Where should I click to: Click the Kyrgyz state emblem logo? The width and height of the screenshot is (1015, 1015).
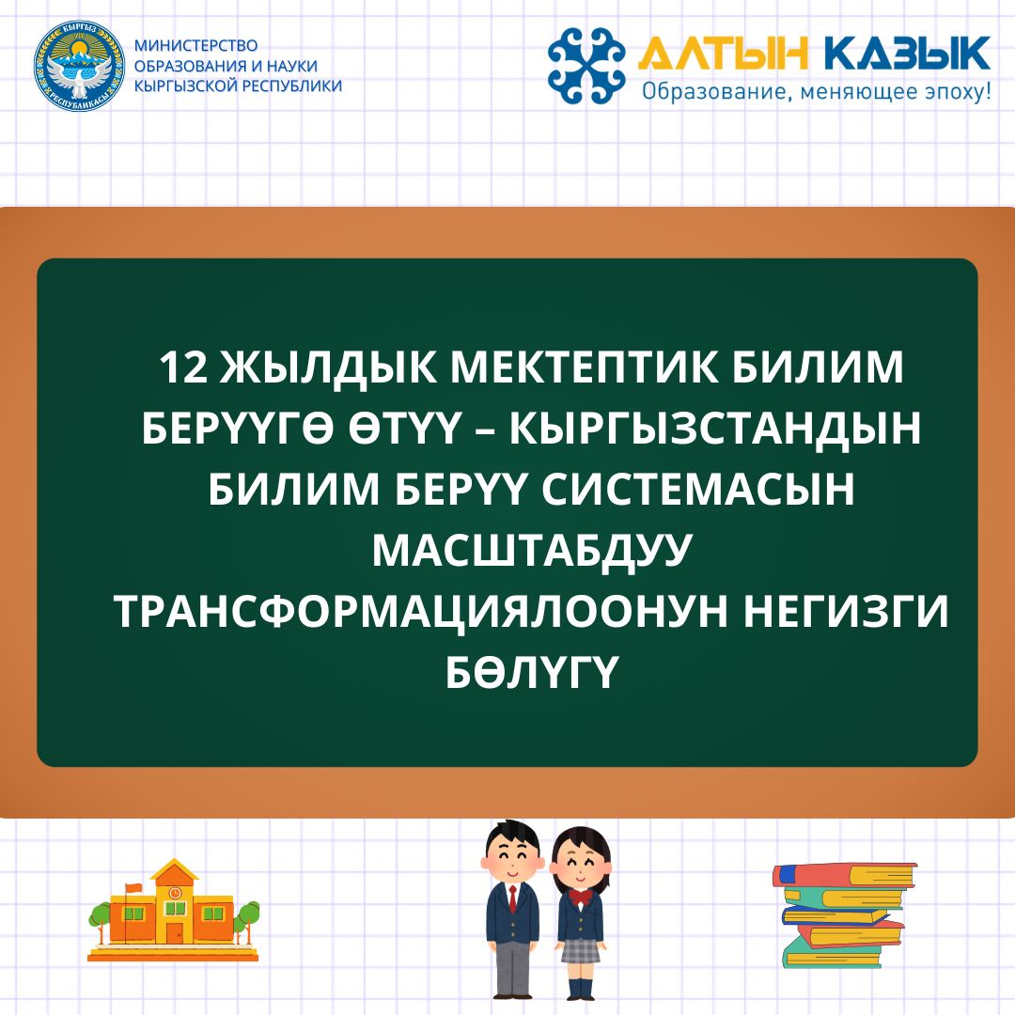click(79, 66)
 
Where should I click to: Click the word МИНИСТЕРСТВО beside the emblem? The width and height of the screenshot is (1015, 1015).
click(195, 46)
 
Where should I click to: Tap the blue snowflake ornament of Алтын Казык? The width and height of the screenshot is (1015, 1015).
click(586, 66)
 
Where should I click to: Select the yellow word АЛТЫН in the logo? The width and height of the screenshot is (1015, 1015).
click(723, 53)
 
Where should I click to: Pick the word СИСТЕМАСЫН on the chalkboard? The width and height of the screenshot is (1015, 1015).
click(697, 490)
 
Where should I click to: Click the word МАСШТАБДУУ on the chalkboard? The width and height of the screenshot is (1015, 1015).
click(529, 551)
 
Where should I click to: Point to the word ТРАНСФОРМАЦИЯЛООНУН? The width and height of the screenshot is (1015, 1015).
click(421, 612)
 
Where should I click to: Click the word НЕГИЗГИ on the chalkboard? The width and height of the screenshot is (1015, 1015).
click(846, 612)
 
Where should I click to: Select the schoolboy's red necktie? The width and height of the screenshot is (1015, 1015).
click(513, 899)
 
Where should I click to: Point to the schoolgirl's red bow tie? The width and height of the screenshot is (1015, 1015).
click(581, 898)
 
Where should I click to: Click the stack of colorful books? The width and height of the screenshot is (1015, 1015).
click(846, 914)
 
